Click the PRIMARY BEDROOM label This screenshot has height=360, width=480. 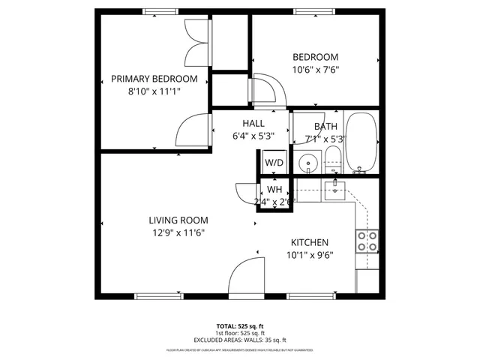coord(154,79)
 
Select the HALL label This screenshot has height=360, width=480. coord(253,124)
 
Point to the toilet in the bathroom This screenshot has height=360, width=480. coord(333,159)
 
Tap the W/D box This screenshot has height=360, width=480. coord(273,161)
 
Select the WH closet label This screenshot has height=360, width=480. coord(274,190)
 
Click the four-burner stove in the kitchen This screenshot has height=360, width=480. coord(366,241)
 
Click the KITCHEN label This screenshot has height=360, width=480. coord(310,242)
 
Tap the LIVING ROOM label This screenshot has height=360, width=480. coord(178,220)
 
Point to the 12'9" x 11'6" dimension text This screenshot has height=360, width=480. coord(178,232)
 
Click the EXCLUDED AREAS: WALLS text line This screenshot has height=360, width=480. coord(240,339)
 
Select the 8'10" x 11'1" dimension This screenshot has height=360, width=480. coord(154,91)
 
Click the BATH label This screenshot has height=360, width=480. coord(325,127)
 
